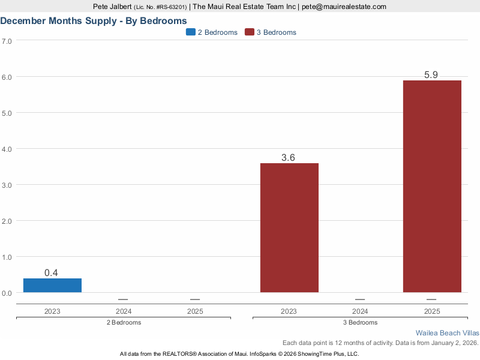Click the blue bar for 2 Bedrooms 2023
[x=52, y=286]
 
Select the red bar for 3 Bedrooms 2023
[x=289, y=228]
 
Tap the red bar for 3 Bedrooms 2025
[x=431, y=187]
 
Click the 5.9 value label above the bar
[x=431, y=75]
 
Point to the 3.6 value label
[x=289, y=158]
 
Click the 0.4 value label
[x=52, y=273]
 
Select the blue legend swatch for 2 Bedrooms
[x=191, y=32]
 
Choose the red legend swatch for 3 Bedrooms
[x=250, y=32]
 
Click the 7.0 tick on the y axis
[x=7, y=41]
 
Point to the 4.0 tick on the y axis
[x=7, y=149]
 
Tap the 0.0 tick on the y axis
[x=7, y=293]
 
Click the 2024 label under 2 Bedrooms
[x=123, y=311]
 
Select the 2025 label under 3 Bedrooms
[x=431, y=311]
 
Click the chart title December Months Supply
[x=93, y=20]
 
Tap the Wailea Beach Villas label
[x=447, y=332]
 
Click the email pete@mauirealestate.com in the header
[x=344, y=7]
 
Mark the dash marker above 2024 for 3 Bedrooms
[x=360, y=299]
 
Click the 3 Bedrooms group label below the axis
[x=361, y=322]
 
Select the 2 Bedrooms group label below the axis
[x=124, y=322]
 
